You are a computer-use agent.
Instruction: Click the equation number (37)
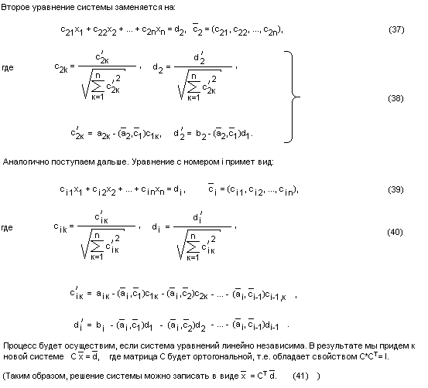[396, 29]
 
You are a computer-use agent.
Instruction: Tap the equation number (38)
[395, 98]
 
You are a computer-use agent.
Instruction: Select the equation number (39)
[395, 189]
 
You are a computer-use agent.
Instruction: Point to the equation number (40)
[395, 232]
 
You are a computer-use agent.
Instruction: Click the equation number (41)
[300, 376]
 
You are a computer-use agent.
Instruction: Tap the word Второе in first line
[15, 8]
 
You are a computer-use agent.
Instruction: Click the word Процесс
[19, 346]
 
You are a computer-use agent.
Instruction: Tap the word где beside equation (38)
[8, 67]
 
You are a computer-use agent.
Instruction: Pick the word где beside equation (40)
[7, 228]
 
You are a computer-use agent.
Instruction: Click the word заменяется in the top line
[139, 8]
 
